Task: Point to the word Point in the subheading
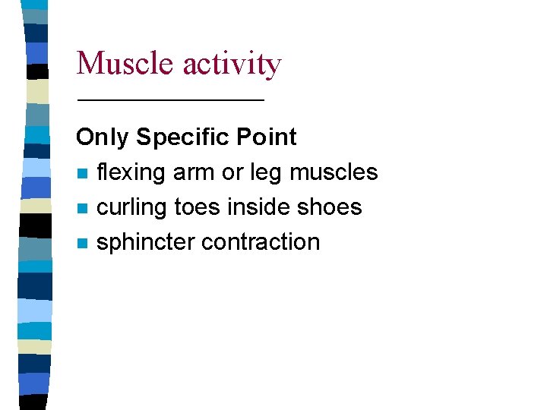coord(267,137)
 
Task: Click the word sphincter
coord(145,243)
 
